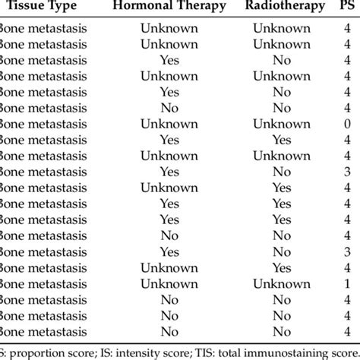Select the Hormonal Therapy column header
pyautogui.click(x=169, y=6)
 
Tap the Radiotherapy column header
pyautogui.click(x=282, y=6)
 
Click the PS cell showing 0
pyautogui.click(x=347, y=124)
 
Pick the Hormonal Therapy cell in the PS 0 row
pyautogui.click(x=169, y=124)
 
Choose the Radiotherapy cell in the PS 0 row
pyautogui.click(x=282, y=124)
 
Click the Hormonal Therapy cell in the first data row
pyautogui.click(x=169, y=28)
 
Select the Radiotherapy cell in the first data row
pyautogui.click(x=282, y=28)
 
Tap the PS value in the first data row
pyautogui.click(x=347, y=28)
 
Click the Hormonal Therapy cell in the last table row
pyautogui.click(x=169, y=330)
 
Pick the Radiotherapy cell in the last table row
pyautogui.click(x=282, y=330)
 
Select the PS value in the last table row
pyautogui.click(x=347, y=330)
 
